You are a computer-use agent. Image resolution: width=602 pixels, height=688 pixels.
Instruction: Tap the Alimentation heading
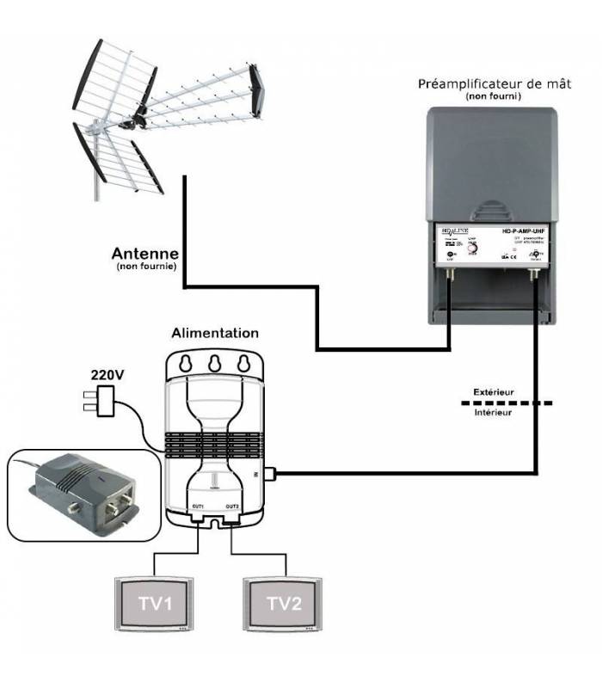(215, 333)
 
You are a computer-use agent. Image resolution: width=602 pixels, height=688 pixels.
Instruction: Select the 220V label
(107, 375)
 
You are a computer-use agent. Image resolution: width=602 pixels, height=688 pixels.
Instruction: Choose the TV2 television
(284, 604)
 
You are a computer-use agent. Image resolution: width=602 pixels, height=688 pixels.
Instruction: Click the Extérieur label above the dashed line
(494, 392)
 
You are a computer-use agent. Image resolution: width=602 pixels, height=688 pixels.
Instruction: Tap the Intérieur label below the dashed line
(494, 414)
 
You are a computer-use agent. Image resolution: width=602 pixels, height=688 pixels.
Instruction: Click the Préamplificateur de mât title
(494, 84)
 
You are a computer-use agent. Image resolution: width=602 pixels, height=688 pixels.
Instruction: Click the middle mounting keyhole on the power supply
(215, 360)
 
